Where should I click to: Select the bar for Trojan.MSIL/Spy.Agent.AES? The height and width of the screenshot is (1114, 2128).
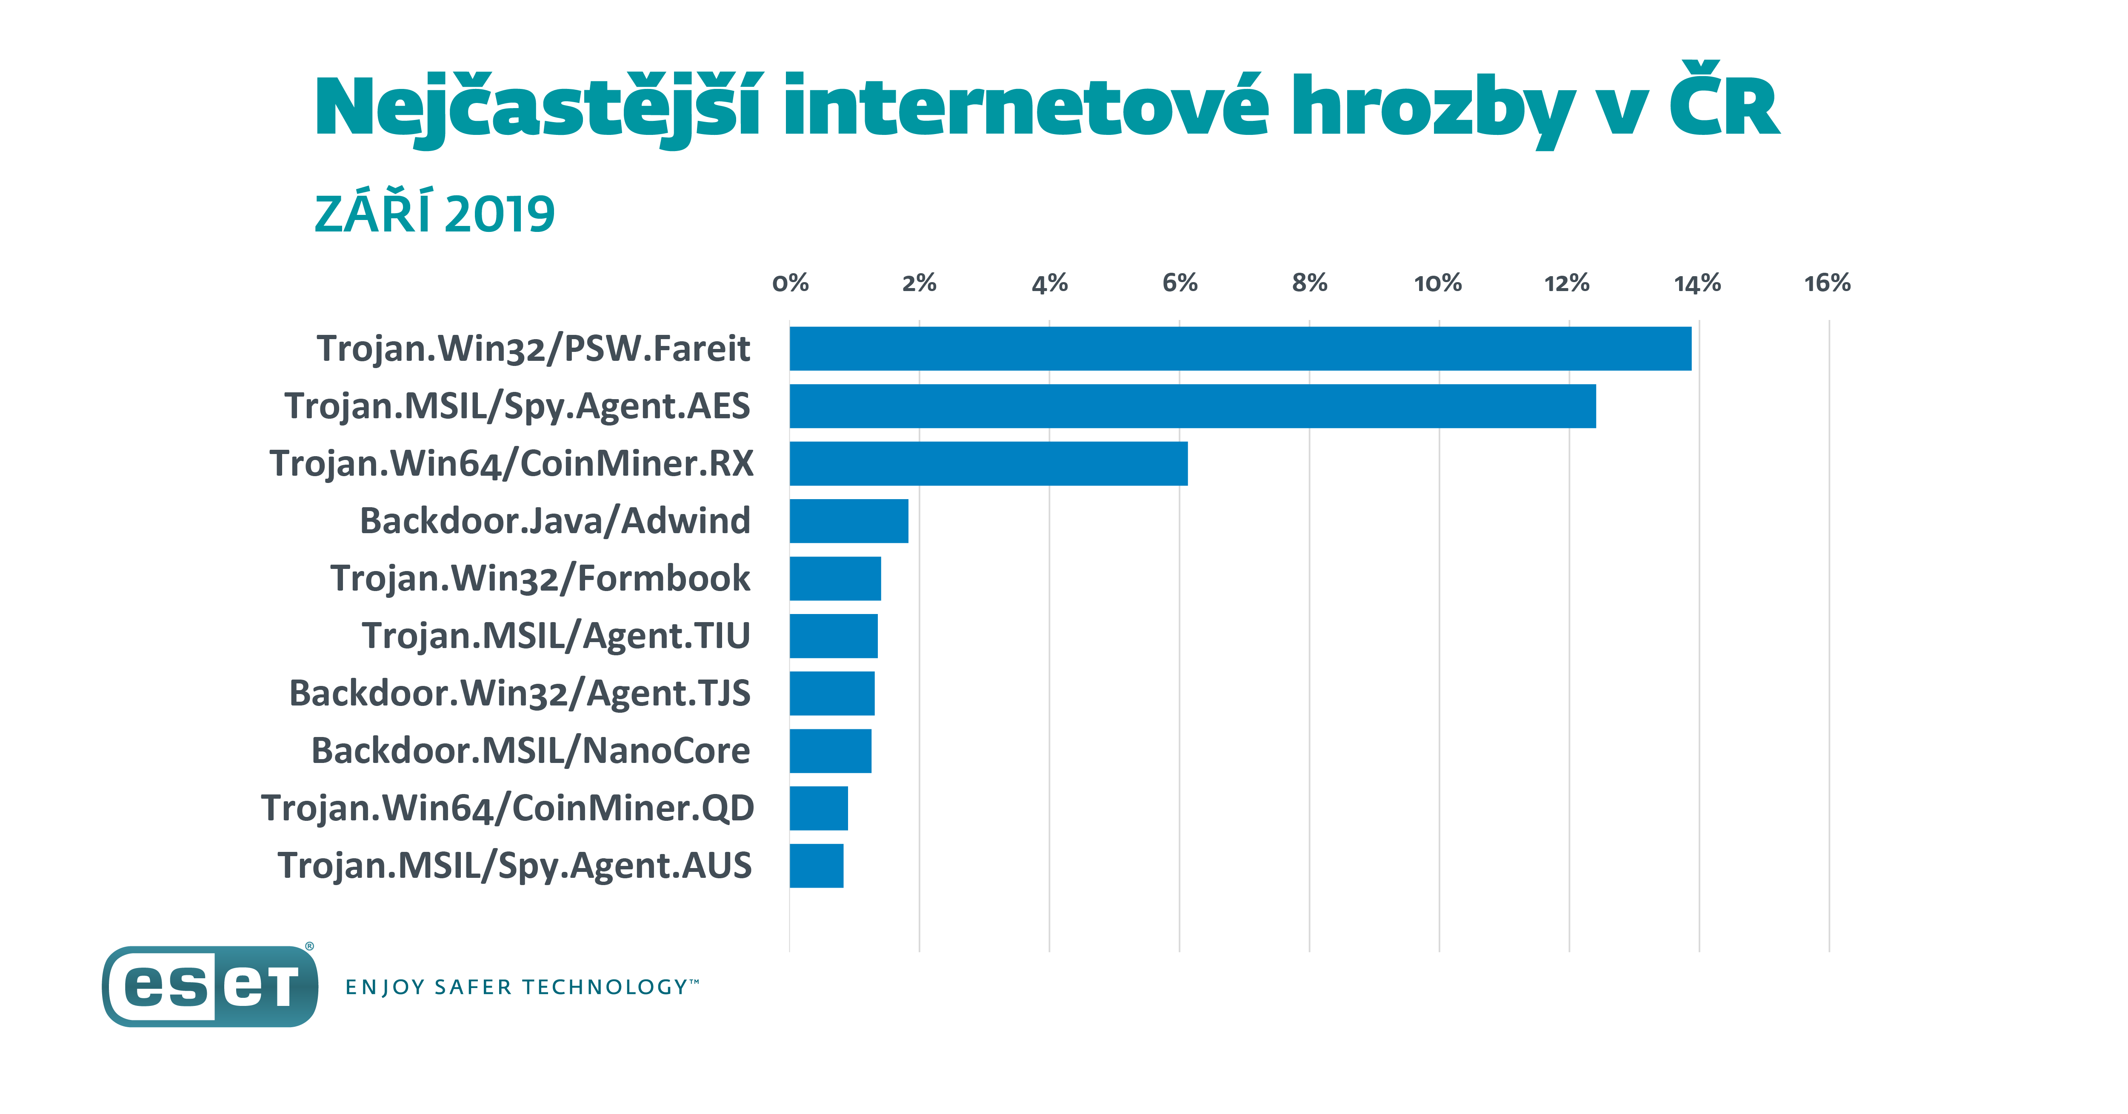[1192, 406]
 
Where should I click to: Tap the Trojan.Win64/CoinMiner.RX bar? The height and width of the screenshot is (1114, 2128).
[988, 463]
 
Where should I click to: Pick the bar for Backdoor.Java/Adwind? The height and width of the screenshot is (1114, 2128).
[848, 521]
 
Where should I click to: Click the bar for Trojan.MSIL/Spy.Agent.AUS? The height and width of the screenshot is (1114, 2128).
[816, 865]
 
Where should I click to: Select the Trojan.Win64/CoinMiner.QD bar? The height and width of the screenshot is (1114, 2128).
[819, 808]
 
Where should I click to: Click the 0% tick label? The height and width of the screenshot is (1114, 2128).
[790, 283]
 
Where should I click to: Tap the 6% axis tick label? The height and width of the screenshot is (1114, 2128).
[1180, 283]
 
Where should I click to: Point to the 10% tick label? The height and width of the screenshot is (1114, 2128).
[1438, 283]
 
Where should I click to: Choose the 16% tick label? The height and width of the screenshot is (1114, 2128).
[1827, 283]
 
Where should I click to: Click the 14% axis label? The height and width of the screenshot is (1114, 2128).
[1698, 283]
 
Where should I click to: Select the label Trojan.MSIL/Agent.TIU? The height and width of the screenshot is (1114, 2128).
[556, 636]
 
